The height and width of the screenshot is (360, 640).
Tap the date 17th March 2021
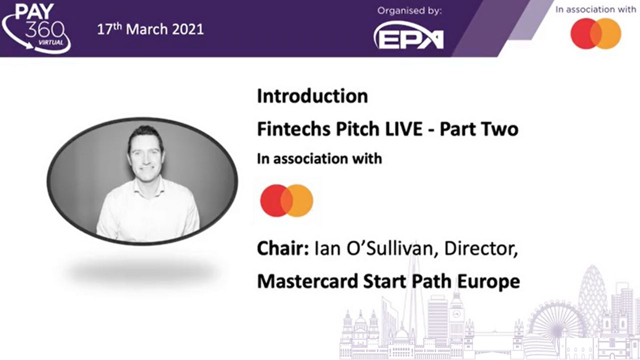point(150,29)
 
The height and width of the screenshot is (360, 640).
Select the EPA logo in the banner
point(408,35)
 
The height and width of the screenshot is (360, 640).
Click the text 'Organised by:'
point(409,11)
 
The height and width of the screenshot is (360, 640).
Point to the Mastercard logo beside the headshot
point(286,200)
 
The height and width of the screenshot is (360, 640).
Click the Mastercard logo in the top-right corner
point(595,33)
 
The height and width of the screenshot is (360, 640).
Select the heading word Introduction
point(312,96)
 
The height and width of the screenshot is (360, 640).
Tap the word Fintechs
point(293,129)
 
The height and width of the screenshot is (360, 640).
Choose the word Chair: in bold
point(283,248)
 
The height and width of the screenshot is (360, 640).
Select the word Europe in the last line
point(488,281)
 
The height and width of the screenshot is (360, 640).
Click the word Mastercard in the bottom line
point(307,281)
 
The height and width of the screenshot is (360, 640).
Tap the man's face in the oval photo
point(145,155)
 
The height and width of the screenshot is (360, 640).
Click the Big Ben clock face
point(456,313)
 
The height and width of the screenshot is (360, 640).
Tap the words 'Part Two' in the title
point(479,129)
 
